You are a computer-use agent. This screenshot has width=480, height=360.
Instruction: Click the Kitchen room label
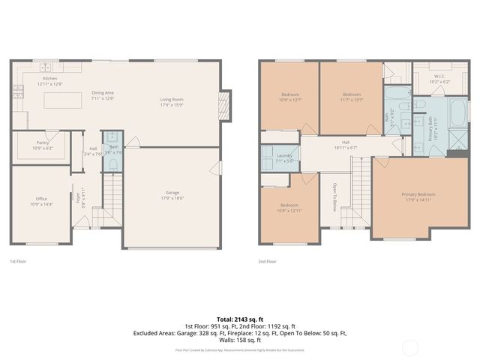[49, 79]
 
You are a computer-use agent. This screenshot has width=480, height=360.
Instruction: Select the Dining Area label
[103, 93]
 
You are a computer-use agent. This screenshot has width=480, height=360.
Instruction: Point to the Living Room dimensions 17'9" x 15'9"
[172, 103]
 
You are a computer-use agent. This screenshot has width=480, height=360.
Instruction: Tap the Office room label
[41, 199]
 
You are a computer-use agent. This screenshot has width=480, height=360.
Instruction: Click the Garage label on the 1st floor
[172, 193]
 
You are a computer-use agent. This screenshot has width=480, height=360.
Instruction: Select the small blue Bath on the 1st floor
[113, 148]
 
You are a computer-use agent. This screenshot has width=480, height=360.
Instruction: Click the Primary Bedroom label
[418, 194]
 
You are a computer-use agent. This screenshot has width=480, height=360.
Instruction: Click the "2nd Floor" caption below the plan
[268, 262]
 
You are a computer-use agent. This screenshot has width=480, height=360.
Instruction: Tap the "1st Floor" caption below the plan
[18, 262]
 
